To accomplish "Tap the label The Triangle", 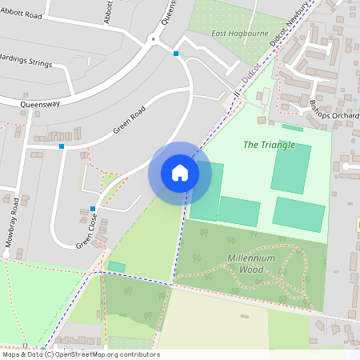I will pyautogui.click(x=269, y=145).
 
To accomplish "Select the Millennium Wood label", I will pyautogui.click(x=251, y=264).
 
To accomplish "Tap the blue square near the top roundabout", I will pyautogui.click(x=176, y=54).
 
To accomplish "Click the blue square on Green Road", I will pyautogui.click(x=62, y=146).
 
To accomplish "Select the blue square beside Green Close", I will pyautogui.click(x=94, y=209).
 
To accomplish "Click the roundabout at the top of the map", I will pyautogui.click(x=152, y=38).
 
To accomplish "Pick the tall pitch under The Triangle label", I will pyautogui.click(x=290, y=169).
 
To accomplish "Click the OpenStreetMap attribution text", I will pyautogui.click(x=80, y=354).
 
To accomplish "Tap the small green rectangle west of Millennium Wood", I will pyautogui.click(x=117, y=266).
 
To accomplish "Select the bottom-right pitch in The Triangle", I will pyautogui.click(x=298, y=214).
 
